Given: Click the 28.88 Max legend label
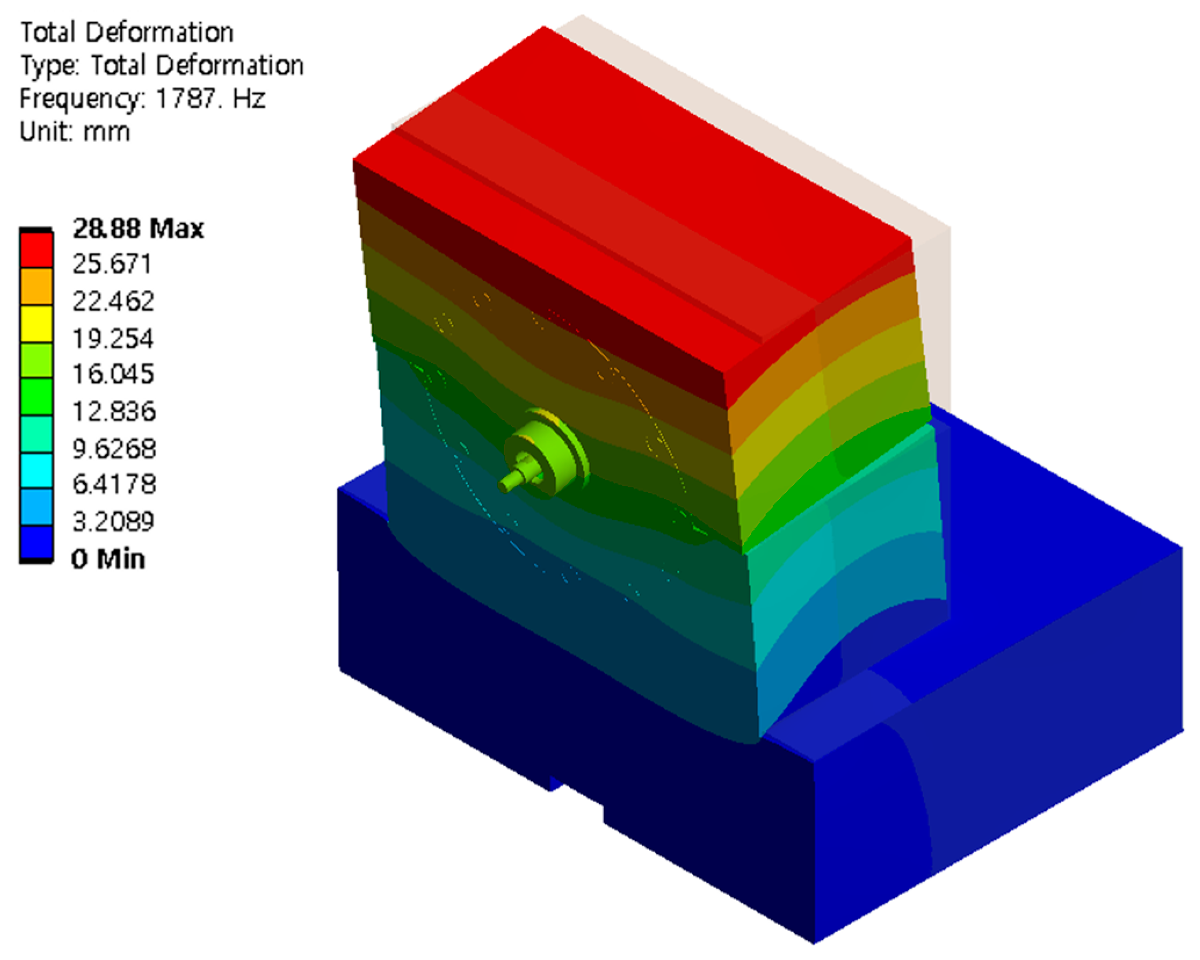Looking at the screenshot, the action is [x=138, y=229].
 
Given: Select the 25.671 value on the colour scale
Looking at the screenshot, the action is [x=112, y=264].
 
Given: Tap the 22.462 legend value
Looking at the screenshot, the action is [x=113, y=302].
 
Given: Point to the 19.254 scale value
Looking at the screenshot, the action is [x=113, y=339].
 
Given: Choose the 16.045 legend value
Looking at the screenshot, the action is [x=113, y=374].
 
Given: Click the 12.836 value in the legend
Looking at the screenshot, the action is [x=114, y=412].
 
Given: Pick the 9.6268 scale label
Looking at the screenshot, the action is [x=114, y=449].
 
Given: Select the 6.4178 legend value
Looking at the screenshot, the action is [x=114, y=484].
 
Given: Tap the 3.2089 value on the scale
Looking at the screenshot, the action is [x=113, y=522].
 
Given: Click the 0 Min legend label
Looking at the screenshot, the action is [x=108, y=559].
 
